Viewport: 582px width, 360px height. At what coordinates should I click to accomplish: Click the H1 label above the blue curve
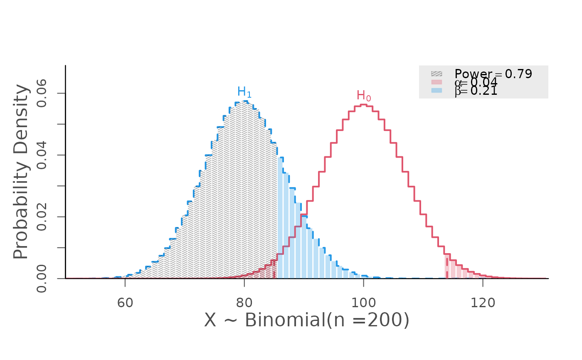click(244, 92)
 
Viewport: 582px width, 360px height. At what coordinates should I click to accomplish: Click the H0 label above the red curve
click(364, 96)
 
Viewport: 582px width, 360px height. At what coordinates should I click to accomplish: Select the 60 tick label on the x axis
click(125, 303)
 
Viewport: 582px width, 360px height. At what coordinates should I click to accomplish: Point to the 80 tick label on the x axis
click(244, 303)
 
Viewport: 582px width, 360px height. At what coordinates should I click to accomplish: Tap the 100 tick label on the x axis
click(363, 303)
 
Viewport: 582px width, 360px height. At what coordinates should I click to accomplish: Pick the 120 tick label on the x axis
click(483, 303)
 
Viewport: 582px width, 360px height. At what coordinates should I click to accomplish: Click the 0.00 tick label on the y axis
click(42, 279)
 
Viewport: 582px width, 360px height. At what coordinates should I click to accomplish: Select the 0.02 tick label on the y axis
click(42, 217)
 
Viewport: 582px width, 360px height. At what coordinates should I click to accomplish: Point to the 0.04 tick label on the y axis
click(42, 155)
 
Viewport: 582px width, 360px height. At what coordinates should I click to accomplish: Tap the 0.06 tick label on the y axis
click(42, 94)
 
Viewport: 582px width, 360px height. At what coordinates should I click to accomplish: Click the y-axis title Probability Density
click(21, 172)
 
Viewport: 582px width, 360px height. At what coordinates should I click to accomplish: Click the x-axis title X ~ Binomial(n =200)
click(307, 321)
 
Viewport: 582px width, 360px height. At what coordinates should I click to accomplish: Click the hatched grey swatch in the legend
click(436, 74)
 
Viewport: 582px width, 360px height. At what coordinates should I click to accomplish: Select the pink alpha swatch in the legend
click(436, 82)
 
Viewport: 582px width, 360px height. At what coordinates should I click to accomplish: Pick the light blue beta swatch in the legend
click(436, 90)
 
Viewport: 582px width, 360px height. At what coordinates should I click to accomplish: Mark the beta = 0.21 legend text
click(476, 91)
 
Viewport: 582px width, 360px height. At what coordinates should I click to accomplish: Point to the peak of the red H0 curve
click(363, 105)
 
